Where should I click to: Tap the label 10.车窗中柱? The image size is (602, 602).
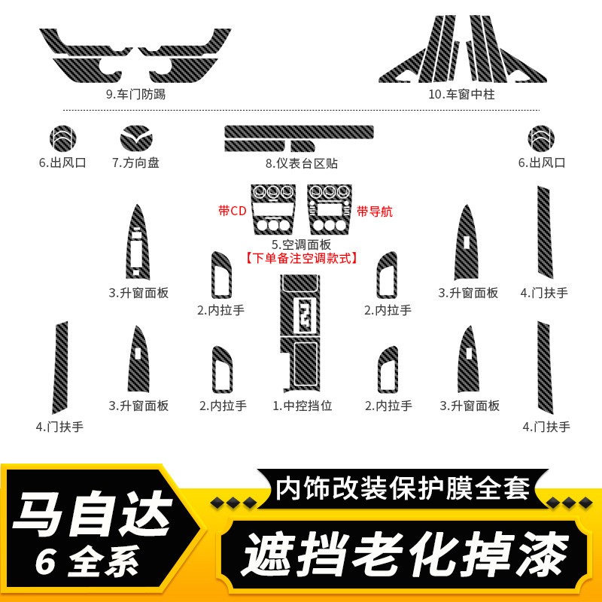[464, 95]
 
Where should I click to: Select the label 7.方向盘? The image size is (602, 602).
[135, 162]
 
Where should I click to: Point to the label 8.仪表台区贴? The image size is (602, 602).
[301, 162]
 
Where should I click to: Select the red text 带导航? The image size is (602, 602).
[375, 211]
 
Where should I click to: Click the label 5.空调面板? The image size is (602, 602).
[302, 244]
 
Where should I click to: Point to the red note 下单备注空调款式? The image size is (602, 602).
[302, 257]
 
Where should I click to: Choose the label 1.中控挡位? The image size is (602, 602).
[302, 406]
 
